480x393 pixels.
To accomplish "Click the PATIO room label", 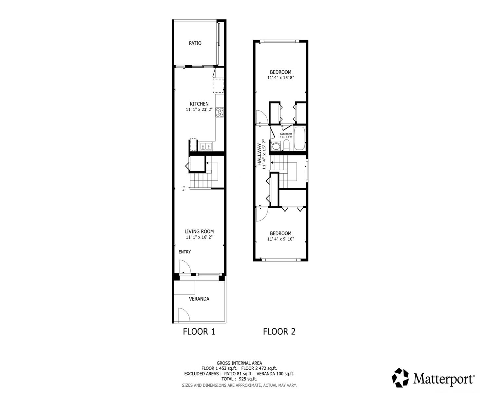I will click(195, 43).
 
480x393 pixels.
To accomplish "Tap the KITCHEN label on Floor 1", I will click(199, 104).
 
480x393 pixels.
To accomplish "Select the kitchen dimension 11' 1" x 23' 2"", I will click(199, 110).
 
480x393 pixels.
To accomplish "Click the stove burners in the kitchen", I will click(220, 112).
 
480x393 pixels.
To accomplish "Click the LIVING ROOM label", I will click(199, 232).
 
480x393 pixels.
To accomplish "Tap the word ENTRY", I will click(185, 252).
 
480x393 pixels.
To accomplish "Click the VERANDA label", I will click(199, 299).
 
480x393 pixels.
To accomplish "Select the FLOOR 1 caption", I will click(199, 332).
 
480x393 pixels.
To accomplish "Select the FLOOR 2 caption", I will click(279, 332).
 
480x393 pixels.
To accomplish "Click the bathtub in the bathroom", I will click(299, 139).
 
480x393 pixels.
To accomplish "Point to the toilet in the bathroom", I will click(287, 145).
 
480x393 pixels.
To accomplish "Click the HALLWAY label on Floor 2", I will click(259, 154).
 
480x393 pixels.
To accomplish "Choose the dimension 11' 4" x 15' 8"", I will click(280, 78).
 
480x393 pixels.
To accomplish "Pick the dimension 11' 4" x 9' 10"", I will click(280, 239).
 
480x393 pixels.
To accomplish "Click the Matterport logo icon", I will click(401, 378).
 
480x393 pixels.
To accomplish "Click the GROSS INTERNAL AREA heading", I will click(239, 363).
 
